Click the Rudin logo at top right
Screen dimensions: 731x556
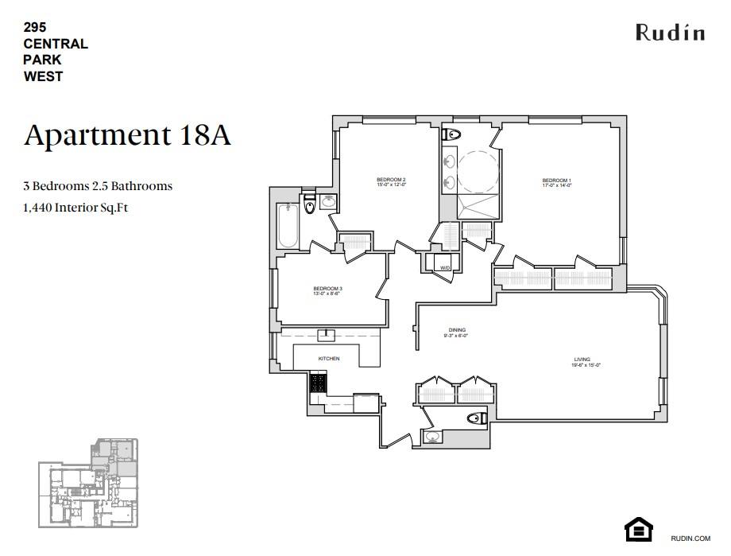(x=669, y=33)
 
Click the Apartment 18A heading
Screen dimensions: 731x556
(x=127, y=135)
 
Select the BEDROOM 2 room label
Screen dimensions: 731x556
(x=391, y=181)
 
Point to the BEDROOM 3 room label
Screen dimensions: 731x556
(x=327, y=290)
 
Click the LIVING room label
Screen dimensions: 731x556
(x=582, y=361)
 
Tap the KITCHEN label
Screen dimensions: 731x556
(x=328, y=359)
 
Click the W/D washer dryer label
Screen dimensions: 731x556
(x=446, y=268)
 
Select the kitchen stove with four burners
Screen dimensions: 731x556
(x=319, y=383)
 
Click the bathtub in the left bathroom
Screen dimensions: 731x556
(x=287, y=227)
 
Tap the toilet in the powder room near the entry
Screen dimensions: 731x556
(x=477, y=418)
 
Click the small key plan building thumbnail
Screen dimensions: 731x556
(x=88, y=484)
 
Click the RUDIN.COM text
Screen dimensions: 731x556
(x=690, y=539)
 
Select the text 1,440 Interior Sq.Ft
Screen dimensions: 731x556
(x=75, y=208)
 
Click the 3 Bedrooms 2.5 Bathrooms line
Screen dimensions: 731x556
(x=98, y=186)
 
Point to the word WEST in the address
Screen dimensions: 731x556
(x=43, y=76)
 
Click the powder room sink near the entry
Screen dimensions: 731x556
(x=433, y=437)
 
